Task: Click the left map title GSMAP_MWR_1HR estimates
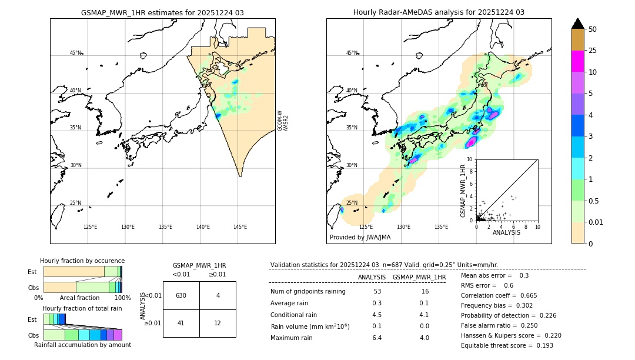click(x=162, y=12)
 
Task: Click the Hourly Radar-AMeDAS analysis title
click(x=439, y=12)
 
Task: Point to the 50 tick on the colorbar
click(x=593, y=29)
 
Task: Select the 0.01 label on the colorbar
click(x=596, y=222)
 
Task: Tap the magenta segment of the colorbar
click(x=577, y=61)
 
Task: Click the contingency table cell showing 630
click(x=181, y=295)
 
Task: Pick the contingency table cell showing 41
click(x=181, y=323)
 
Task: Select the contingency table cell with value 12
click(x=218, y=323)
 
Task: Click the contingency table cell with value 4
click(x=218, y=295)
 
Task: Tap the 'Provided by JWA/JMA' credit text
click(x=360, y=238)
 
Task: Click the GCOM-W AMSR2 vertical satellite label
click(x=283, y=121)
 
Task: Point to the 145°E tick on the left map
click(x=240, y=227)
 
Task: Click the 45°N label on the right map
click(x=352, y=53)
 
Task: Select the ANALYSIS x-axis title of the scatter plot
click(x=506, y=232)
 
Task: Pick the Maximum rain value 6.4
click(x=377, y=338)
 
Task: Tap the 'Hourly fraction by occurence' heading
click(x=82, y=261)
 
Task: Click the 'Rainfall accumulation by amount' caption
click(x=82, y=345)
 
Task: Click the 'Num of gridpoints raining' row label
click(x=308, y=292)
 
